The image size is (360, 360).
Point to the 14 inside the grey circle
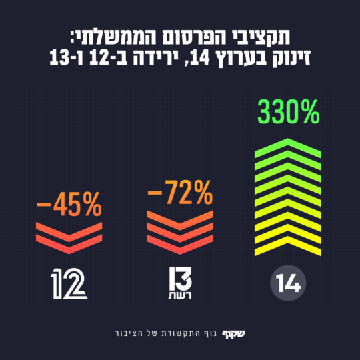click(x=287, y=285)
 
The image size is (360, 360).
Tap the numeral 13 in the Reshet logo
click(x=179, y=277)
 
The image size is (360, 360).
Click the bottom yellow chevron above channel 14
click(x=287, y=249)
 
